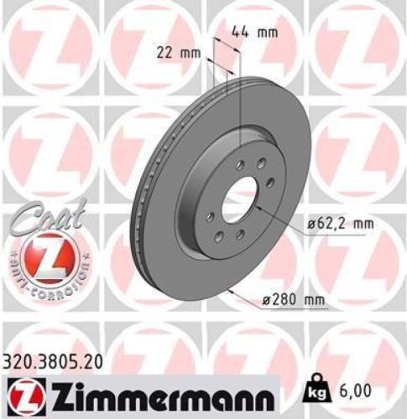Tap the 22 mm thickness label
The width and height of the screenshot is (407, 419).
point(179,52)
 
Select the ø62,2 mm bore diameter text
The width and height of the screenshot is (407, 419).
point(339,224)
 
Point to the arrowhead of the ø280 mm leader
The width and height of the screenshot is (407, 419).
point(228,291)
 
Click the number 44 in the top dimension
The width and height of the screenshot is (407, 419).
point(240,34)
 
